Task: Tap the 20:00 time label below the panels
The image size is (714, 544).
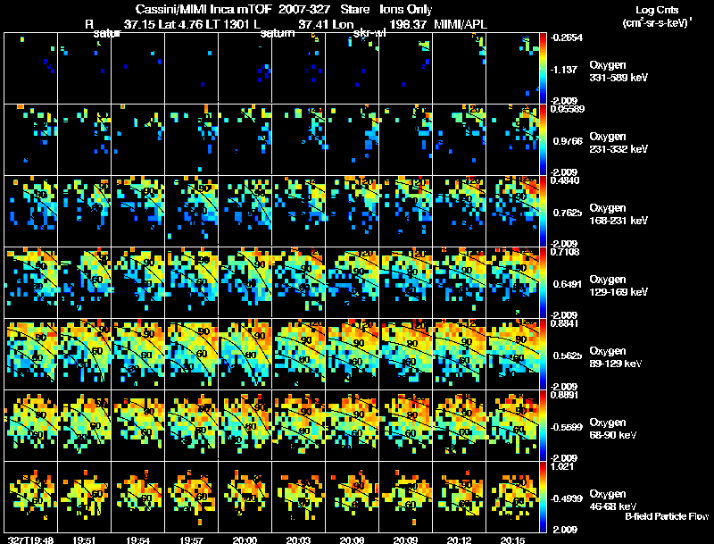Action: [x=245, y=539]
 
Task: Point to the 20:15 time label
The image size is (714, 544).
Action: [x=512, y=539]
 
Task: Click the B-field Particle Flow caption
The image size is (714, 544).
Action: [x=667, y=516]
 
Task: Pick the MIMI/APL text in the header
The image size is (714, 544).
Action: [x=459, y=23]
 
